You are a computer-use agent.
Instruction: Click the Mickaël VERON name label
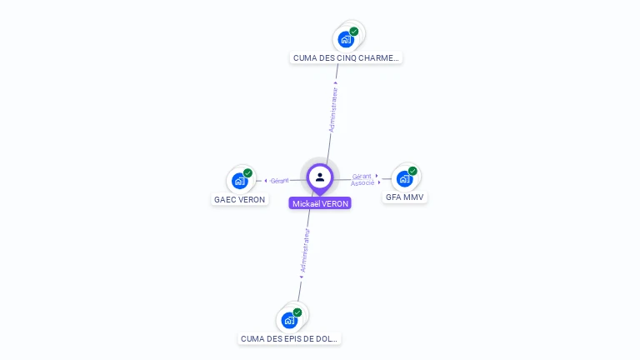(x=320, y=203)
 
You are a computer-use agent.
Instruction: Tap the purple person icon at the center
(x=320, y=177)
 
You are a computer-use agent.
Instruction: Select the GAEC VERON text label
(x=239, y=200)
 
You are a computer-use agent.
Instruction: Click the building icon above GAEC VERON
(x=239, y=181)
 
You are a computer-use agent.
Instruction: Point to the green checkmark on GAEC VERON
(x=247, y=172)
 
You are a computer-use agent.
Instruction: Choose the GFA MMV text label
(x=404, y=197)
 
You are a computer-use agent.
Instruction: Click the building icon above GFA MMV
(x=404, y=178)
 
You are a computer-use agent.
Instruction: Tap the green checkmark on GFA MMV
(x=412, y=171)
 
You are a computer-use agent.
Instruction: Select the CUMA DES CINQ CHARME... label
(x=347, y=58)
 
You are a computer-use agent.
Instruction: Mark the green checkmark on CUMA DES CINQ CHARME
(x=354, y=32)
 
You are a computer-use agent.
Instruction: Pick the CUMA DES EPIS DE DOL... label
(x=290, y=339)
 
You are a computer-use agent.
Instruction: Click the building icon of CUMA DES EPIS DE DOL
(x=288, y=320)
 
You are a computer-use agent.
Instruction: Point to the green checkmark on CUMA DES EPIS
(x=297, y=312)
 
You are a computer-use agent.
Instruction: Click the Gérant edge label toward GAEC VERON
(x=279, y=181)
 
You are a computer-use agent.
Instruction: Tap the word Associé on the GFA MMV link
(x=362, y=182)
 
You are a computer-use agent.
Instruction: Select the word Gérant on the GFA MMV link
(x=362, y=176)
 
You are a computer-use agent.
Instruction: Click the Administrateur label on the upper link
(x=333, y=108)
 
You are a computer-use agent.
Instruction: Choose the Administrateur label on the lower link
(x=305, y=251)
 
